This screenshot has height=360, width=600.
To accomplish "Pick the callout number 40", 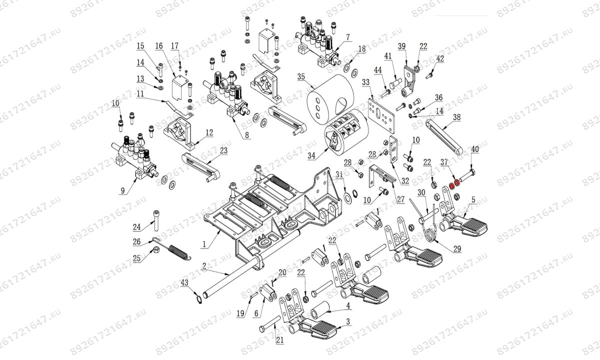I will (x=474, y=149).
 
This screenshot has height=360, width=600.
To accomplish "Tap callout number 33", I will (x=365, y=82).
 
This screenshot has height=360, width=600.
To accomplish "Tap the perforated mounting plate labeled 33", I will (x=382, y=112).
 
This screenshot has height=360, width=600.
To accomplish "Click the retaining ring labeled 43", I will (x=199, y=299).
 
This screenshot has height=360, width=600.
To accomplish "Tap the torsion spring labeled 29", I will (x=429, y=233).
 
